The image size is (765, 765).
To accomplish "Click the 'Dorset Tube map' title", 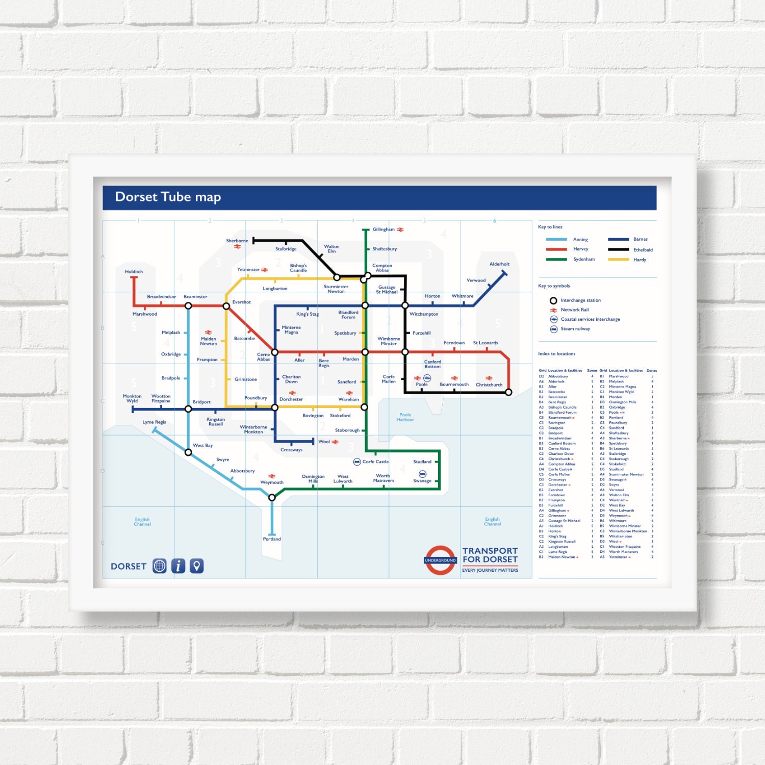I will click(168, 197).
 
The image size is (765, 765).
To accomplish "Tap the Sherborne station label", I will click(237, 241).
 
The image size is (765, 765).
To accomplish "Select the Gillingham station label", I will click(384, 229).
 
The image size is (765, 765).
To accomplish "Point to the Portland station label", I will click(272, 539).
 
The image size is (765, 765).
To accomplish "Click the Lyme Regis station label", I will click(154, 422).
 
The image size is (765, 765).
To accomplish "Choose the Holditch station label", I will click(134, 272).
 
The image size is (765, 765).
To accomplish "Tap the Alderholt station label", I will click(499, 264).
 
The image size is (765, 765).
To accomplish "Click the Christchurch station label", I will click(489, 385).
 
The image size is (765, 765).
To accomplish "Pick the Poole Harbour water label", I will click(405, 417).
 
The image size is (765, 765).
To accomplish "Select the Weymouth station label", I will click(272, 482).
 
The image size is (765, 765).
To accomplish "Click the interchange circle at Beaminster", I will click(188, 306).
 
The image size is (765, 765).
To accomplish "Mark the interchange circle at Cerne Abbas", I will click(275, 352).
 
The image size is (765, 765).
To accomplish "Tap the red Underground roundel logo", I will click(440, 560).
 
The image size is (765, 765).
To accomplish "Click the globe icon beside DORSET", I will click(160, 566).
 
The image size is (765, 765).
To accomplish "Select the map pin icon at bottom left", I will click(197, 566).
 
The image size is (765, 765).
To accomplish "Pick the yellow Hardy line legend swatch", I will click(618, 260).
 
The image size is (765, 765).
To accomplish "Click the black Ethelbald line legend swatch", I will click(618, 250).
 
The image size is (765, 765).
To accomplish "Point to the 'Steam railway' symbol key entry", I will click(575, 329).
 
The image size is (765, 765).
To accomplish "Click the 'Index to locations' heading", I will click(556, 354).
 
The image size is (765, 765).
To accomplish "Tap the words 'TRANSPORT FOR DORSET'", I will click(490, 555).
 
